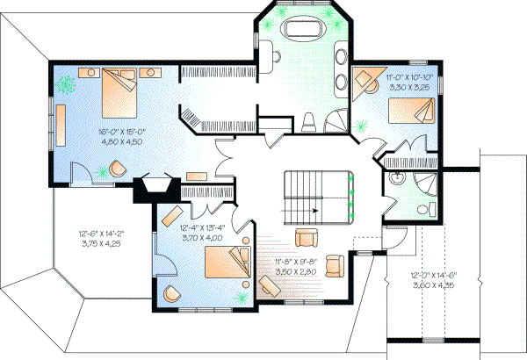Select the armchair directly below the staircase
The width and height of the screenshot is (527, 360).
tap(307, 237)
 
